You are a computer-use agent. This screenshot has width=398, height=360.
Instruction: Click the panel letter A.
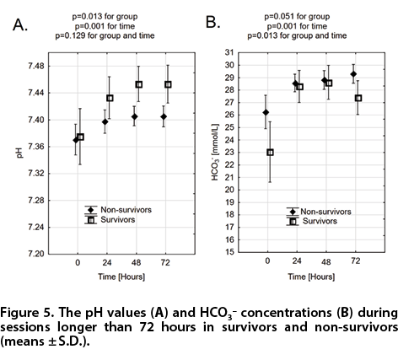click(20, 24)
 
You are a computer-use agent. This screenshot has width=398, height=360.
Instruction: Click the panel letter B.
click(212, 22)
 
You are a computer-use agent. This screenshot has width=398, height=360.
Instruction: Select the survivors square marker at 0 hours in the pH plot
click(81, 137)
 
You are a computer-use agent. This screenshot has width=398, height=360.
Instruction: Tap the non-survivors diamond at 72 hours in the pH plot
click(164, 116)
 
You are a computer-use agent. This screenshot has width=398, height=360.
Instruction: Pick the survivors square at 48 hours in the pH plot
click(139, 84)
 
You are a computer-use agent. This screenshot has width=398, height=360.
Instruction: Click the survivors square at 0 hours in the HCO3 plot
click(270, 153)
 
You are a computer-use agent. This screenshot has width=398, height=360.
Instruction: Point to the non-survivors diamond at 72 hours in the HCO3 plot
click(353, 74)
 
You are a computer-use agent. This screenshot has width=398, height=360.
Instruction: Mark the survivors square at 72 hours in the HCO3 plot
click(358, 98)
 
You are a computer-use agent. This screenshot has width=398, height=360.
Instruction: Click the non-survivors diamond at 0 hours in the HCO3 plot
click(266, 112)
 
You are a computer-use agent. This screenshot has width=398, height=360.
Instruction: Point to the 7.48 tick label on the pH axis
click(36, 67)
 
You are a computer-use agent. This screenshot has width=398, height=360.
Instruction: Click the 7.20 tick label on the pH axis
click(36, 254)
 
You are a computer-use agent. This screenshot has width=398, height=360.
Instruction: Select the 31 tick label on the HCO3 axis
click(229, 52)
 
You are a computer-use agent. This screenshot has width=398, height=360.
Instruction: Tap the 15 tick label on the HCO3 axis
click(229, 252)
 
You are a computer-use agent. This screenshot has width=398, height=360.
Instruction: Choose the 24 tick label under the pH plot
click(107, 263)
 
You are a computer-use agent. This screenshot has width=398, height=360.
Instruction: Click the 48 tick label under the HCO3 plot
click(326, 262)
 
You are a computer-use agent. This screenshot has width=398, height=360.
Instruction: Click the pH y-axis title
click(19, 153)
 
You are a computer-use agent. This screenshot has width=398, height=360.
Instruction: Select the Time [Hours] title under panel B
click(311, 277)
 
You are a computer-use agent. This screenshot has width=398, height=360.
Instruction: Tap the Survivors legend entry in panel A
click(118, 220)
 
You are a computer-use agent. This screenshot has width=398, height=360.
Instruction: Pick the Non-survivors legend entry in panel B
click(326, 212)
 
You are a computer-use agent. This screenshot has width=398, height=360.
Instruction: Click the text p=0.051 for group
click(297, 17)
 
